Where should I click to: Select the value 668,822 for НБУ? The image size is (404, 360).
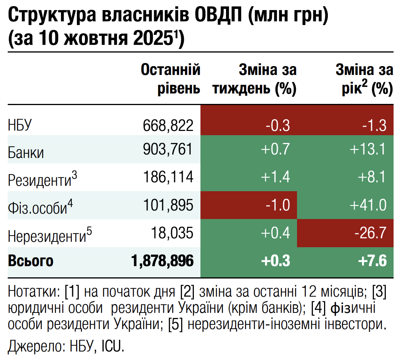tap(168, 126)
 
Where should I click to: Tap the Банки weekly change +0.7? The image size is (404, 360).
tap(275, 149)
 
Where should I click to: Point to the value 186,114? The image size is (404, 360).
tap(168, 177)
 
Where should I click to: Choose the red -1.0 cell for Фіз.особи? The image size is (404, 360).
tap(277, 205)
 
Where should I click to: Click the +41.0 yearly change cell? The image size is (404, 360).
tap(368, 205)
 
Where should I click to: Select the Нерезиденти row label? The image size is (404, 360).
tap(46, 234)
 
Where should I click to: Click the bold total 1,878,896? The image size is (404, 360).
tap(162, 261)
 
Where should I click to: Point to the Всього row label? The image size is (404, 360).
tap(31, 261)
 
